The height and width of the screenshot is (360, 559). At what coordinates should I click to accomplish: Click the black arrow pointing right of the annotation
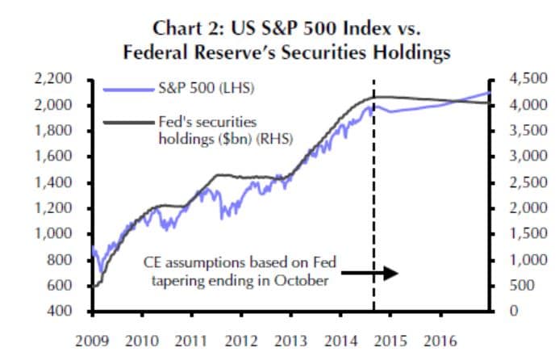(x=380, y=273)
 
